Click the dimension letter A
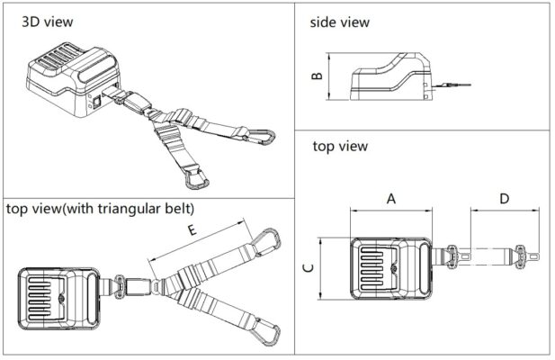pyautogui.click(x=391, y=199)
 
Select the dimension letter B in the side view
pyautogui.click(x=318, y=76)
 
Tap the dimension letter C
pyautogui.click(x=309, y=268)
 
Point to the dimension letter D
pyautogui.click(x=505, y=199)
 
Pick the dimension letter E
pyautogui.click(x=192, y=230)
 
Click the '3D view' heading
pyautogui.click(x=48, y=22)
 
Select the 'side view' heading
pyautogui.click(x=340, y=22)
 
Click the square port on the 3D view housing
pyautogui.click(x=96, y=102)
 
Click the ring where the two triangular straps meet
pyautogui.click(x=157, y=286)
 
